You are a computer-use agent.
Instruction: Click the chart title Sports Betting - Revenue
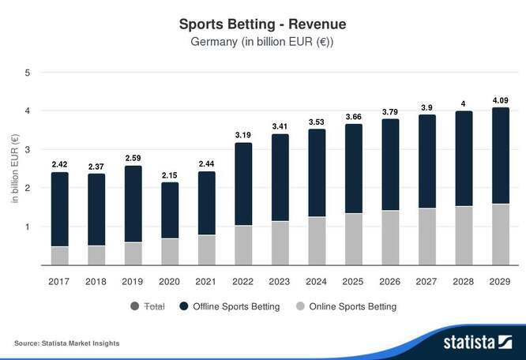coord(262,24)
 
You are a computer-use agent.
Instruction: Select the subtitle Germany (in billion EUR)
coord(262,41)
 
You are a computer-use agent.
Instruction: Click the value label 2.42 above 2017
coord(59,164)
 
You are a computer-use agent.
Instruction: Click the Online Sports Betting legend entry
coord(347,306)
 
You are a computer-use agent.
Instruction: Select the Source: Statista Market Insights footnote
coord(67,343)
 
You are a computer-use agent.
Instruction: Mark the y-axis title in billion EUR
coord(13,168)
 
